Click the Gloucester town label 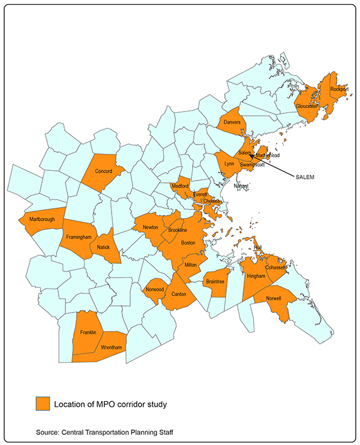307,106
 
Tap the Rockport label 339,89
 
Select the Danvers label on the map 232,122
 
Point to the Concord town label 104,171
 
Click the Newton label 150,227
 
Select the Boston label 188,243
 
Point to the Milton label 191,264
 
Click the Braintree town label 215,281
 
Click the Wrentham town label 112,348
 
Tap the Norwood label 155,288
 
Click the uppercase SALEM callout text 305,178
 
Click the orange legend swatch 42,404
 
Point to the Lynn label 229,164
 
